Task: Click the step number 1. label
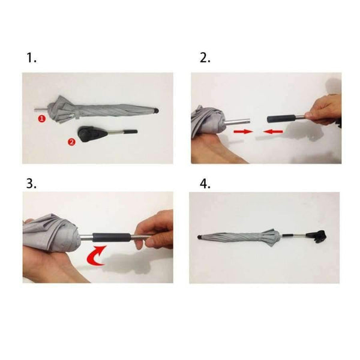31,58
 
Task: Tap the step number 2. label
205,58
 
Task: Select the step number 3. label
31,183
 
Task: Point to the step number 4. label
205,184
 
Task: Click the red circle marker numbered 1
41,119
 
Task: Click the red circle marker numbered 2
71,142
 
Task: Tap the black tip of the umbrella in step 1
157,110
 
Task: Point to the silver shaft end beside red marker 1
41,110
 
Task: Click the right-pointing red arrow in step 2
243,131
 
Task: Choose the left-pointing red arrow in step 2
273,131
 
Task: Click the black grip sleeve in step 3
112,237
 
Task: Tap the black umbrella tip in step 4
200,237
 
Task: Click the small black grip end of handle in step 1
131,131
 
